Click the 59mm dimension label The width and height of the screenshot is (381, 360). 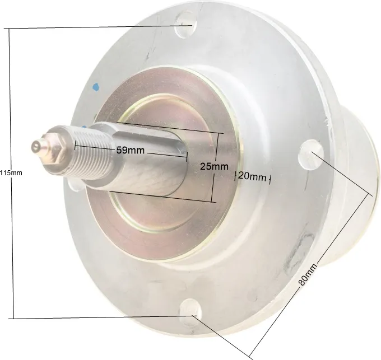131,150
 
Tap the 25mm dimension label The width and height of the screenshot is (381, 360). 214,166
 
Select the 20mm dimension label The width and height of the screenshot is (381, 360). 252,176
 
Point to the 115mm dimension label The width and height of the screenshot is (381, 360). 11,173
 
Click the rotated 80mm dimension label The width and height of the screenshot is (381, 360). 308,274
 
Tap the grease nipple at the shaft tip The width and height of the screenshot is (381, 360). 38,146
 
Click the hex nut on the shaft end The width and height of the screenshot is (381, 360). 54,148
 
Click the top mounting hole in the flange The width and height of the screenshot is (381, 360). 185,25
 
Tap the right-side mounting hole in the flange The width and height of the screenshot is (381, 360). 311,155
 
